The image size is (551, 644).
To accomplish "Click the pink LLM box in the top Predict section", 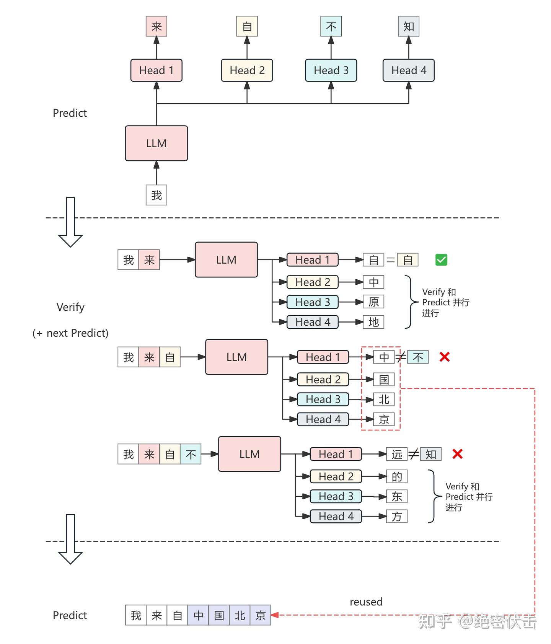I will coord(156,143).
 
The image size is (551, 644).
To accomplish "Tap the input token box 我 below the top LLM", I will coord(156,195).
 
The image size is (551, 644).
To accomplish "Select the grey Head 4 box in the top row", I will coord(408,70).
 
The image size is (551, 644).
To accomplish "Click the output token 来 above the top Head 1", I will coord(156,26).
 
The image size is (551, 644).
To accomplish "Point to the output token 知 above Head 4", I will coord(408,26).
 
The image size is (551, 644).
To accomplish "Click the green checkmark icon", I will coord(441,260).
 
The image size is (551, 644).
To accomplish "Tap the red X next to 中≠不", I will coord(444,357).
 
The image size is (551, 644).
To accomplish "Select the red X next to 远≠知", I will coord(457,454).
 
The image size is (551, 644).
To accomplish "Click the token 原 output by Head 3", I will coord(373,302).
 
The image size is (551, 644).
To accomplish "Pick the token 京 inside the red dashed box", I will coord(384,419).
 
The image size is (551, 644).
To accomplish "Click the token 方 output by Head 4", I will coord(397,516).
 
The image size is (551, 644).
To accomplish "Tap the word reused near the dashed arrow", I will coord(366,602).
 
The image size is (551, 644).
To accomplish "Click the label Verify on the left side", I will coord(70,307).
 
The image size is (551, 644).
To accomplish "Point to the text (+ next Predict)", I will coord(70,333).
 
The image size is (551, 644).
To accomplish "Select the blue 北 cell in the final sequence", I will coord(240,615).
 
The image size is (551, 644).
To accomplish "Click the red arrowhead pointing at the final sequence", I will coord(274,615).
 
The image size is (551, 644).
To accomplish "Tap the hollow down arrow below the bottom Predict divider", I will coord(70,540).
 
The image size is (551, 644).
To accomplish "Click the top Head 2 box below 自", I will coord(247,70).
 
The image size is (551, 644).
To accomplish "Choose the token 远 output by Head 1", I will coord(397,454).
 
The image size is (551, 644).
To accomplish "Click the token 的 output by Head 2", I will coord(397,476).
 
